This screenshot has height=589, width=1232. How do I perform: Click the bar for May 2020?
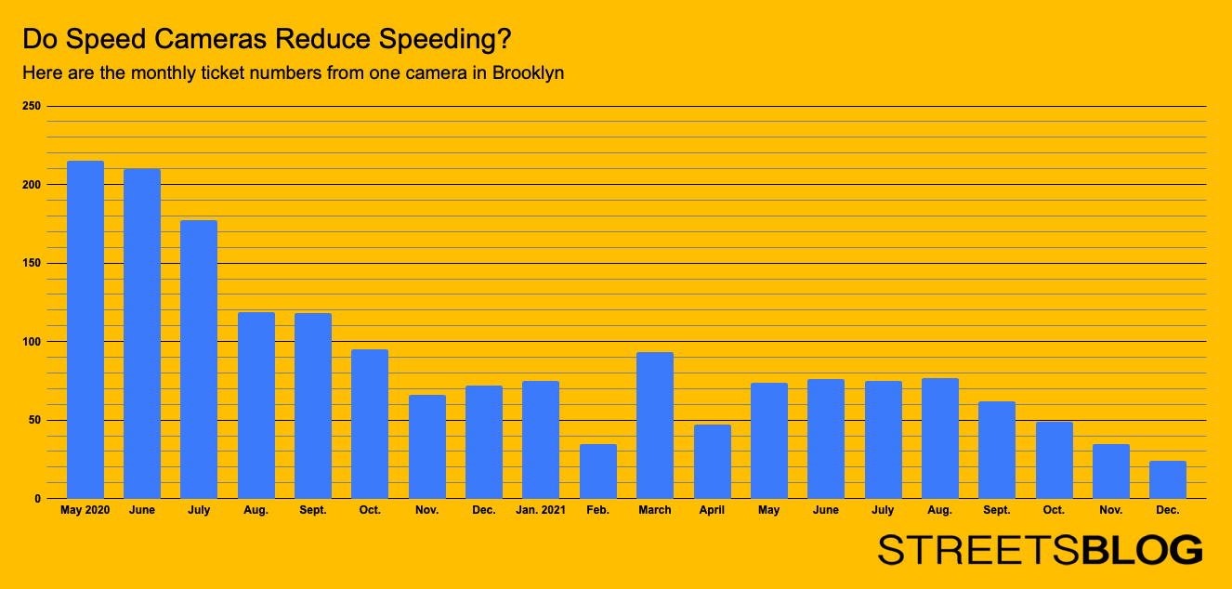85,330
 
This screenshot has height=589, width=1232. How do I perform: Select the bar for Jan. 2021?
541,439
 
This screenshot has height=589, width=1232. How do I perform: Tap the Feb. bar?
597,471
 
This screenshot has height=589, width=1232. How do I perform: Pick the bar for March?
655,425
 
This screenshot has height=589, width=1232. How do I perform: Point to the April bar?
712,462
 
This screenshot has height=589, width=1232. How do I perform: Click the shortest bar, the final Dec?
1167,479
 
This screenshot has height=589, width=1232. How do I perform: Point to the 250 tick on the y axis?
32,107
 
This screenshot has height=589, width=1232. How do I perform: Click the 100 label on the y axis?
32,342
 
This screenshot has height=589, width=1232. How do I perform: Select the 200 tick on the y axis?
32,185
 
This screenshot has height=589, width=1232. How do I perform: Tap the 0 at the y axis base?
37,499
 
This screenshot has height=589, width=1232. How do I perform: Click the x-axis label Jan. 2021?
541,510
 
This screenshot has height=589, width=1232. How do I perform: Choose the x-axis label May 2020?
85,510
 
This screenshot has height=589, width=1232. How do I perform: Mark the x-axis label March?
655,510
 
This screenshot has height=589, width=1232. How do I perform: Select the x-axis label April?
712,510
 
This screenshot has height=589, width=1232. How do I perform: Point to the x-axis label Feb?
597,510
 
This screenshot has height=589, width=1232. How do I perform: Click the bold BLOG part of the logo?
1142,549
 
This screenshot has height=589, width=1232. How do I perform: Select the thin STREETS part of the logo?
979,549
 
